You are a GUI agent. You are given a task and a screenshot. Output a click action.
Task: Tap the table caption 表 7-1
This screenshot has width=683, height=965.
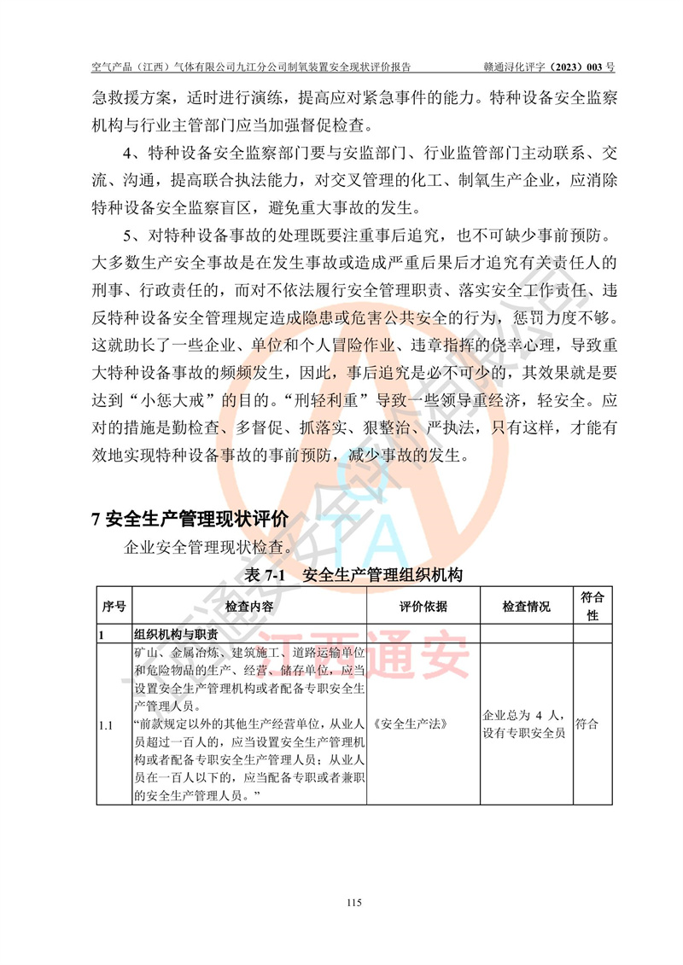(264, 575)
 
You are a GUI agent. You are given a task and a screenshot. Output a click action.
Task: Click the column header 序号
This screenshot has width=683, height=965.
(114, 607)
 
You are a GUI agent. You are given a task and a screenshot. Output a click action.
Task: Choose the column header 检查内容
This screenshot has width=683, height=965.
(249, 607)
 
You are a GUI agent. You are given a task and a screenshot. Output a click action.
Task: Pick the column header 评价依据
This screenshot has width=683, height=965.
(423, 607)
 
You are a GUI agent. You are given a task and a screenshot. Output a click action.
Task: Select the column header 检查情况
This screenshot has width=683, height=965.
(526, 607)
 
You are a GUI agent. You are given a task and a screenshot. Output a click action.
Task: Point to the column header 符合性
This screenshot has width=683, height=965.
(593, 606)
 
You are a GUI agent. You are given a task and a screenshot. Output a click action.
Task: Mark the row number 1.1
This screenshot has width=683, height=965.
(107, 725)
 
